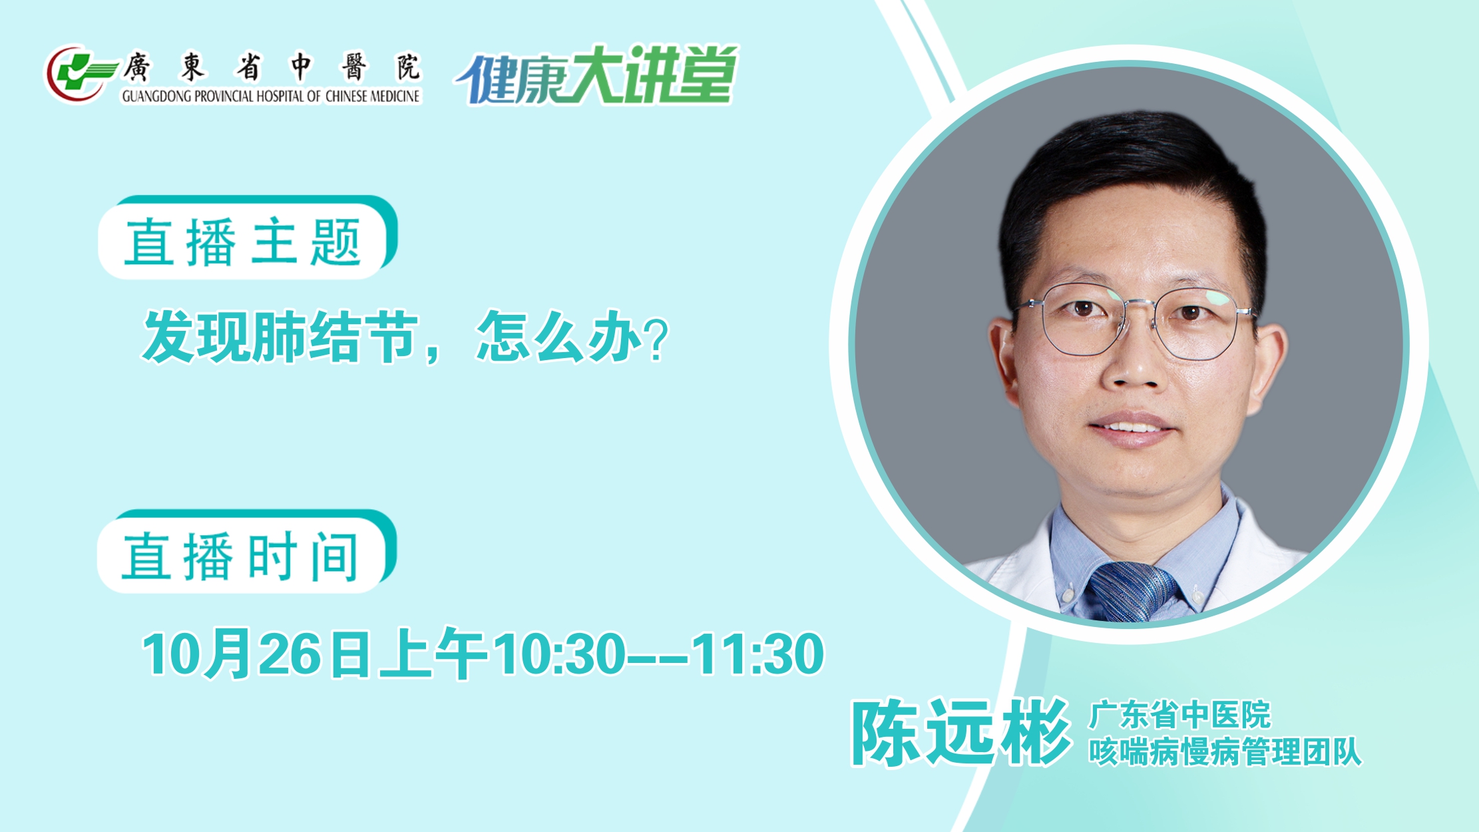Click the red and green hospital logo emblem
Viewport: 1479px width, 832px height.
coord(79,73)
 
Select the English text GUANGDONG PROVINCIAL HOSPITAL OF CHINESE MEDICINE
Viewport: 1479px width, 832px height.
coord(271,97)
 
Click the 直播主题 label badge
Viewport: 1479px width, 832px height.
coord(247,238)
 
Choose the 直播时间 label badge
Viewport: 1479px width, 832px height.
coord(246,552)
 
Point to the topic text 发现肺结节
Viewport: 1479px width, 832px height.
coord(280,337)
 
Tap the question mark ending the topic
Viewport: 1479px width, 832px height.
coord(657,339)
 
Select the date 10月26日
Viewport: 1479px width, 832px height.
coord(256,654)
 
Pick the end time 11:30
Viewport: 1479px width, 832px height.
coord(758,654)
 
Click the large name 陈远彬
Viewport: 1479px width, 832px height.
coord(961,733)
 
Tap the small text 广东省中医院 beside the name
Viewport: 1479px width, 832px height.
coord(1179,716)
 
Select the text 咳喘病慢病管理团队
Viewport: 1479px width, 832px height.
coord(1225,752)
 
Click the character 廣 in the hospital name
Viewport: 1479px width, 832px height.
coord(137,67)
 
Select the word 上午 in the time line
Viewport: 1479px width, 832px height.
coord(433,654)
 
